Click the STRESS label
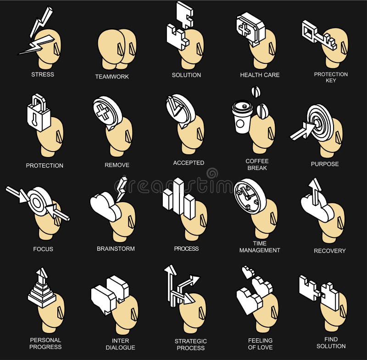coord(43,74)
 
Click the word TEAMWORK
coord(112,77)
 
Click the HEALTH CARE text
coord(260,75)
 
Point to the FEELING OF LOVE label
coord(260,343)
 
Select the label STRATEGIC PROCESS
coord(190,344)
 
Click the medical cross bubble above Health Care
coord(250,28)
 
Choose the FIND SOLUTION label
coord(331,343)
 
